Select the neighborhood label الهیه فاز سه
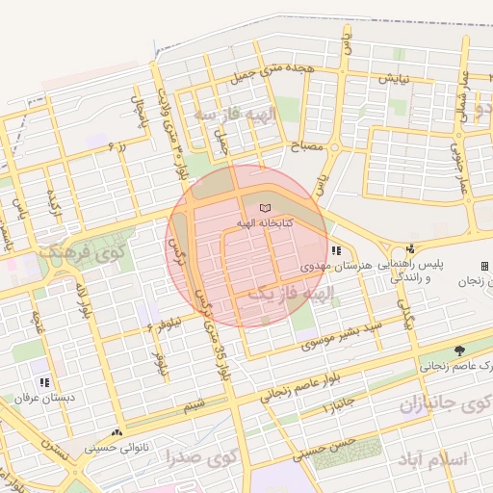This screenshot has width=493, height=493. click(234, 114)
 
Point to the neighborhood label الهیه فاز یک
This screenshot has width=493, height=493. click(290, 291)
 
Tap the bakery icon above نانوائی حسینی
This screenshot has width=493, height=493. click(117, 433)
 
